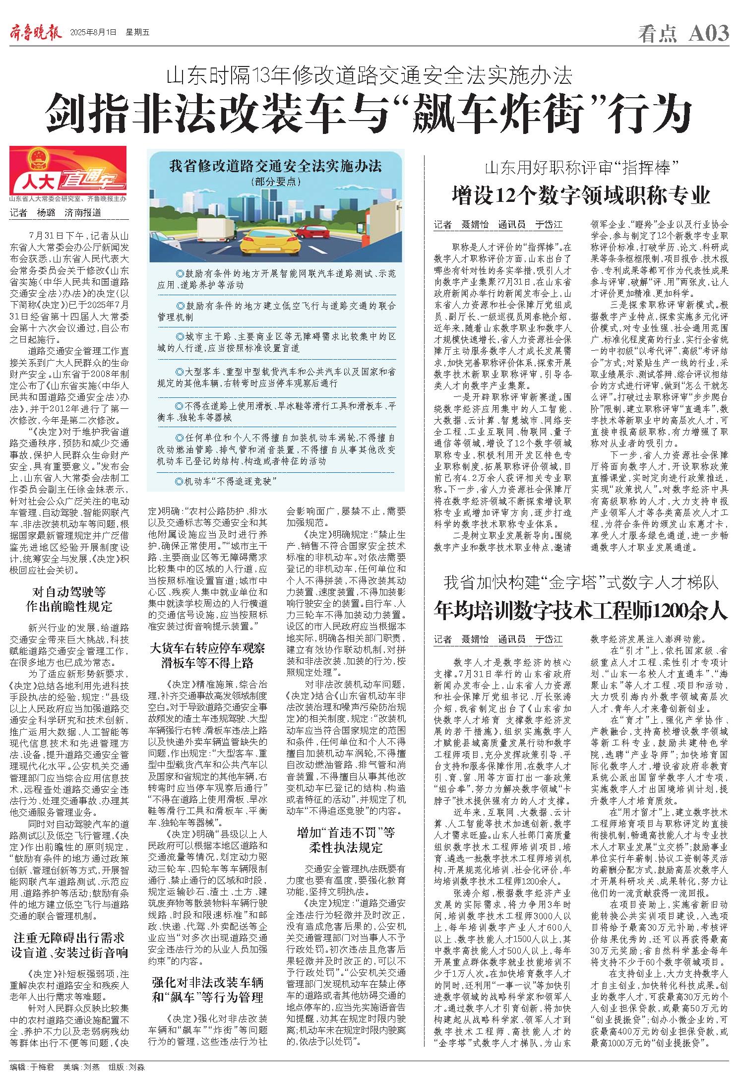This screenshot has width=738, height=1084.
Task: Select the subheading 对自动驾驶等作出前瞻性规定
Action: [69, 599]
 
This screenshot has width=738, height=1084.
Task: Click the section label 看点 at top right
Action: [657, 34]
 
